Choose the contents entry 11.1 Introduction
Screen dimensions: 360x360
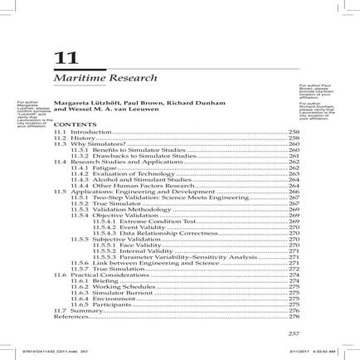pyautogui.click(x=81, y=132)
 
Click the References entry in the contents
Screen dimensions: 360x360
pyautogui.click(x=71, y=315)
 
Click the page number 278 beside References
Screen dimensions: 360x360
pyautogui.click(x=293, y=315)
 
